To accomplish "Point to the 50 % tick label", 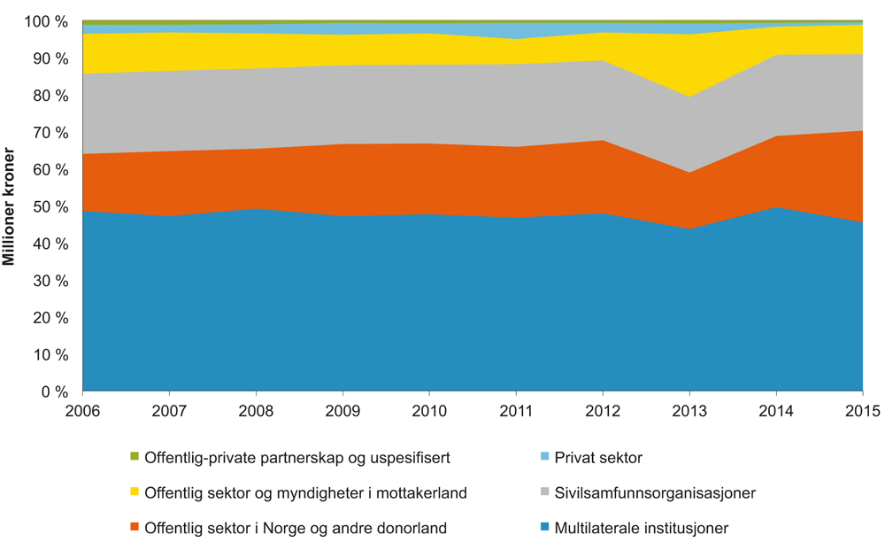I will tap(50, 206).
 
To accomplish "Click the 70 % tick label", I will tap(50, 133).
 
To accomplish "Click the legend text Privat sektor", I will tap(598, 458).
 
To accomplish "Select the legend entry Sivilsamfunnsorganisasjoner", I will tap(655, 493).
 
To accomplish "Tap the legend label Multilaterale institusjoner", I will tap(642, 529).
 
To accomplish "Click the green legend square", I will tap(135, 457).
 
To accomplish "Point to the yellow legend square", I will tap(135, 492).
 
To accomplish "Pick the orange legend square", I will tap(135, 528).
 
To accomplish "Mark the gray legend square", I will tap(544, 492).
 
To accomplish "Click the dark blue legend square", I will tap(544, 528).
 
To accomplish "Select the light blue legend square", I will tap(544, 457).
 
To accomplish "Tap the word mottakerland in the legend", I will tap(424, 493).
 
